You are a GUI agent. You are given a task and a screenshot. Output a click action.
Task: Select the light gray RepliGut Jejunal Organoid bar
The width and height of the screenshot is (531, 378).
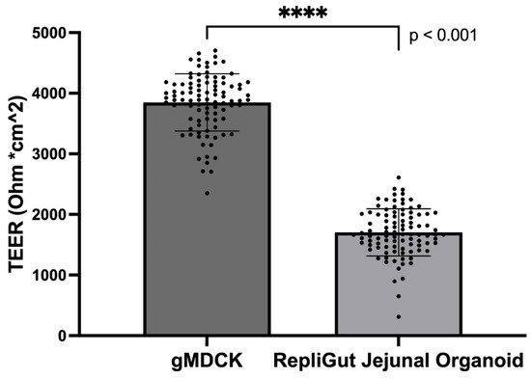398,289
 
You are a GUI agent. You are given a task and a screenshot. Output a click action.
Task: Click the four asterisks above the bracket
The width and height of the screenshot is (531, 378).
302,14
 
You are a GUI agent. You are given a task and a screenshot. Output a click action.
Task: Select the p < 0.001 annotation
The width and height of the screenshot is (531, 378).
445,36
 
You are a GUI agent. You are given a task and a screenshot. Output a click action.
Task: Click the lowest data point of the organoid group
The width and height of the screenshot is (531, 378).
398,316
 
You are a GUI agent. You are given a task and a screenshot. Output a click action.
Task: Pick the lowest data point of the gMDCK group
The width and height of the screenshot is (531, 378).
206,193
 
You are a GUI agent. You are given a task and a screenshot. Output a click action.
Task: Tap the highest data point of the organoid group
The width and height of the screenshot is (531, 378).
398,177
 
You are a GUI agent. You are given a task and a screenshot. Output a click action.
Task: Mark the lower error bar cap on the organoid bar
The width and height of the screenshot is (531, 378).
398,256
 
